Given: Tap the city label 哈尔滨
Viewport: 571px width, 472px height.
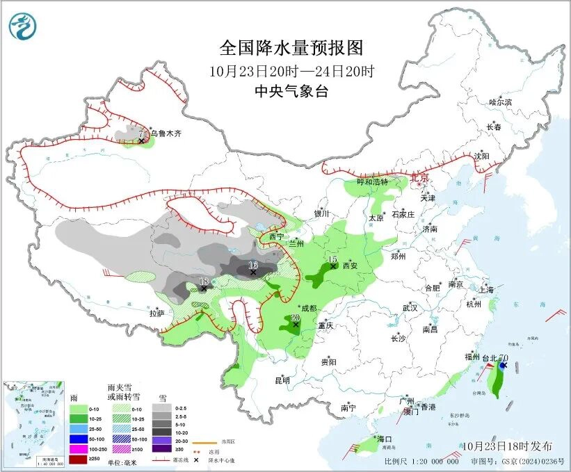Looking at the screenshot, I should (499, 102).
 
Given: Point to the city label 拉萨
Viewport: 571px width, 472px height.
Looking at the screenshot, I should (156, 314).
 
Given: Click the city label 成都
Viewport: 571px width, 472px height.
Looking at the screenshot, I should (307, 308).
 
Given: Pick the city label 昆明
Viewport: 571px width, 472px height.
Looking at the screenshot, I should (282, 380).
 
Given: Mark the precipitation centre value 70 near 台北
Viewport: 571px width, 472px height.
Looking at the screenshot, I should (503, 358).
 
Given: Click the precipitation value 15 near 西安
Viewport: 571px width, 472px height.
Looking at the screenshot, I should (332, 259).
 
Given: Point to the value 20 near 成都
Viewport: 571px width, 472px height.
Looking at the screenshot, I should (295, 317).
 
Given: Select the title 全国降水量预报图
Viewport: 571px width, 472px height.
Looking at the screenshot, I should (291, 48).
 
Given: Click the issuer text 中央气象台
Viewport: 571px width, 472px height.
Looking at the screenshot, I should (291, 91).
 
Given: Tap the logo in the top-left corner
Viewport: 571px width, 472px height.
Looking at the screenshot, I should (22, 26).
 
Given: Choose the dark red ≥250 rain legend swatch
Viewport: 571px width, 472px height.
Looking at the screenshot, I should (79, 459).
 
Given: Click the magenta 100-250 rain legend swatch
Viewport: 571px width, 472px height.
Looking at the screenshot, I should (79, 449).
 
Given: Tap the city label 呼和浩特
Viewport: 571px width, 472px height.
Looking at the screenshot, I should (372, 181).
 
